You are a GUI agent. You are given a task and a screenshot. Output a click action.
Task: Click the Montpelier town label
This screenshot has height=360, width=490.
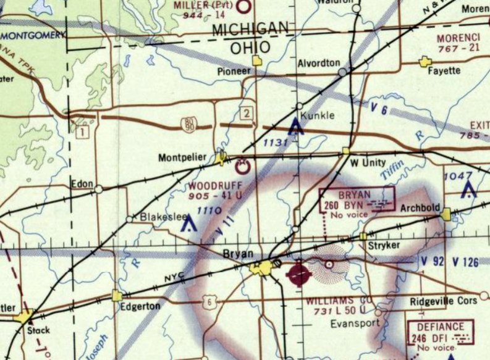point(182,157)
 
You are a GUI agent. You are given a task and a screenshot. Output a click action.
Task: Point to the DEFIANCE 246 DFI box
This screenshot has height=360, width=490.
point(441,334)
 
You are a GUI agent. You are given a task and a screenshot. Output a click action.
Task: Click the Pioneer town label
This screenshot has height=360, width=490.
point(234,71)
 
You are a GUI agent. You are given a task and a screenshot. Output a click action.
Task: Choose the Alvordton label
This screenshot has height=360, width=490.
point(318,63)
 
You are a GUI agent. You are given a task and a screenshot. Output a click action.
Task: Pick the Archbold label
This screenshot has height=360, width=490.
point(418,208)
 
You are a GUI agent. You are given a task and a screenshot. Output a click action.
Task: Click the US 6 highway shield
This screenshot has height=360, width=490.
point(211,301)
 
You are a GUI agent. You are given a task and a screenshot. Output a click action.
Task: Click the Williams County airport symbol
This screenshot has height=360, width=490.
point(300,272)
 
